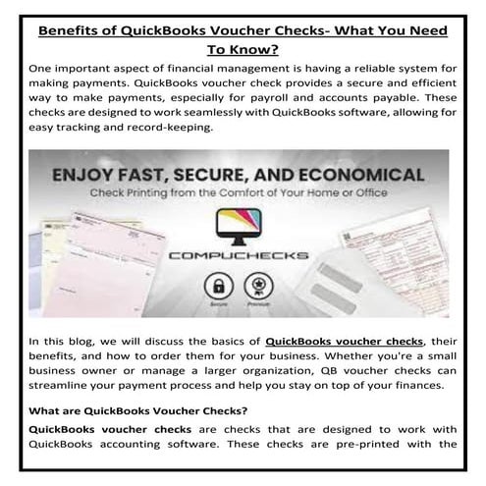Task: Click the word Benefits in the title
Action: [x=72, y=30]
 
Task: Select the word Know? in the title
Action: [x=256, y=49]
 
